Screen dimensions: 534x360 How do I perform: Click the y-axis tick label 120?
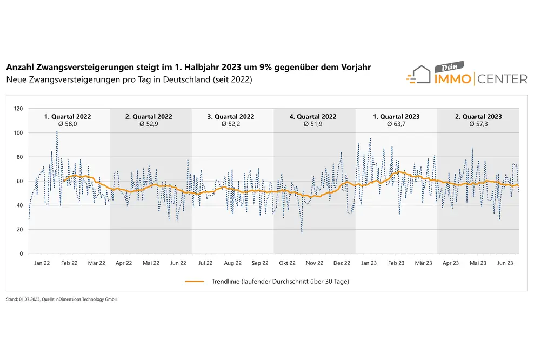click(18, 109)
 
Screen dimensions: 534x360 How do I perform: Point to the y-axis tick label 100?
click(18, 133)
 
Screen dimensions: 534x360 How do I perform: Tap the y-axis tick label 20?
click(20, 230)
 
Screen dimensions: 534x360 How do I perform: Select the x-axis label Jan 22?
click(42, 263)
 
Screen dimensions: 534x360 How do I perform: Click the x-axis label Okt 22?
click(287, 263)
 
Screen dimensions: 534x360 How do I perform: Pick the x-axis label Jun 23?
click(505, 263)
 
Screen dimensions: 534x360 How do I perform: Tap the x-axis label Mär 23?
click(423, 263)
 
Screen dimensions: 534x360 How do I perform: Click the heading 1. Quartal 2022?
click(68, 116)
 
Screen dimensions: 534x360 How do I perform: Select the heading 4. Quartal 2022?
click(313, 116)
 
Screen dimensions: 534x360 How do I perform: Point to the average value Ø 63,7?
click(396, 124)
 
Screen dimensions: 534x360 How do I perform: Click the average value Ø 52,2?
click(231, 124)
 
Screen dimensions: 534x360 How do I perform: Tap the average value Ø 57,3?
click(478, 124)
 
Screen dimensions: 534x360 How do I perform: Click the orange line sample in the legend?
click(195, 281)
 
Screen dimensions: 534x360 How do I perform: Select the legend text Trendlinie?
click(225, 281)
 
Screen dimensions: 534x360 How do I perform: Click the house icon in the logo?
click(419, 75)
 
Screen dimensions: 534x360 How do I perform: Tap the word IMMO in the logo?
click(452, 79)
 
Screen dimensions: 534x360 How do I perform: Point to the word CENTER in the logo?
click(502, 79)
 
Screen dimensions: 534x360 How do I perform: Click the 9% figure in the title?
click(265, 67)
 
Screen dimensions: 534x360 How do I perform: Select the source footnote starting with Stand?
click(62, 299)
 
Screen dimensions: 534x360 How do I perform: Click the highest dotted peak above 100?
click(57, 131)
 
